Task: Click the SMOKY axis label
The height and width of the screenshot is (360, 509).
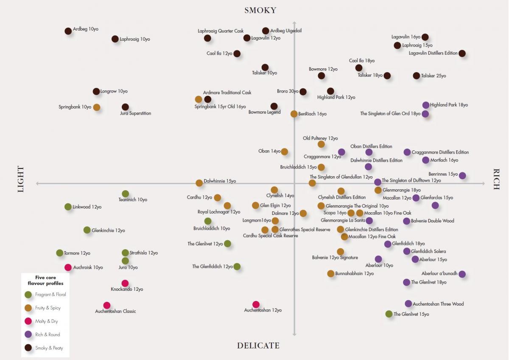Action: pos(260,10)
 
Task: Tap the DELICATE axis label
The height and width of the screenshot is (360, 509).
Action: pos(258,346)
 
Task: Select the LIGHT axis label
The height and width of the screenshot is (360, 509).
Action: pos(21,179)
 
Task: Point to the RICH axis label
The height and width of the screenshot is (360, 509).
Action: pos(497,179)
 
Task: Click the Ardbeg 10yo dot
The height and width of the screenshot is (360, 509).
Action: pos(68,31)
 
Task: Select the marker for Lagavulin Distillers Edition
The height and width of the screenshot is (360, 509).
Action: pos(462,53)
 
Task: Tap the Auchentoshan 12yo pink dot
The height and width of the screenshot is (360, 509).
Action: pos(256,304)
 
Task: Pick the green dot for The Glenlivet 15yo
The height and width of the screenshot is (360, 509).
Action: pos(389,314)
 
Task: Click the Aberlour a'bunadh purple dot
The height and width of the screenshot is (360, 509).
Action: pos(462,274)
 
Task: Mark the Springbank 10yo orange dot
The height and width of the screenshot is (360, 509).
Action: pos(97,107)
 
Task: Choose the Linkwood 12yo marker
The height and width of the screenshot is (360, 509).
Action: pos(68,207)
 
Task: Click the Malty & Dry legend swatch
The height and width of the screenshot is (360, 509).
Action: pos(28,321)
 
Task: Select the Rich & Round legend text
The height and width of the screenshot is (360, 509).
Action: pos(48,335)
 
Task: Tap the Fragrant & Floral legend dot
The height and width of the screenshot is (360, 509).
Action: pos(28,295)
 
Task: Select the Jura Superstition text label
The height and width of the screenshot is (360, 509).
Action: pos(135,113)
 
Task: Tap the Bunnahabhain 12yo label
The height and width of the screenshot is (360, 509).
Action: pos(354,274)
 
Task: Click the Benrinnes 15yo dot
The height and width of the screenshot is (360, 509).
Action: pos(462,176)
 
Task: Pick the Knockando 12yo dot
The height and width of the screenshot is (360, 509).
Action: pos(125,283)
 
